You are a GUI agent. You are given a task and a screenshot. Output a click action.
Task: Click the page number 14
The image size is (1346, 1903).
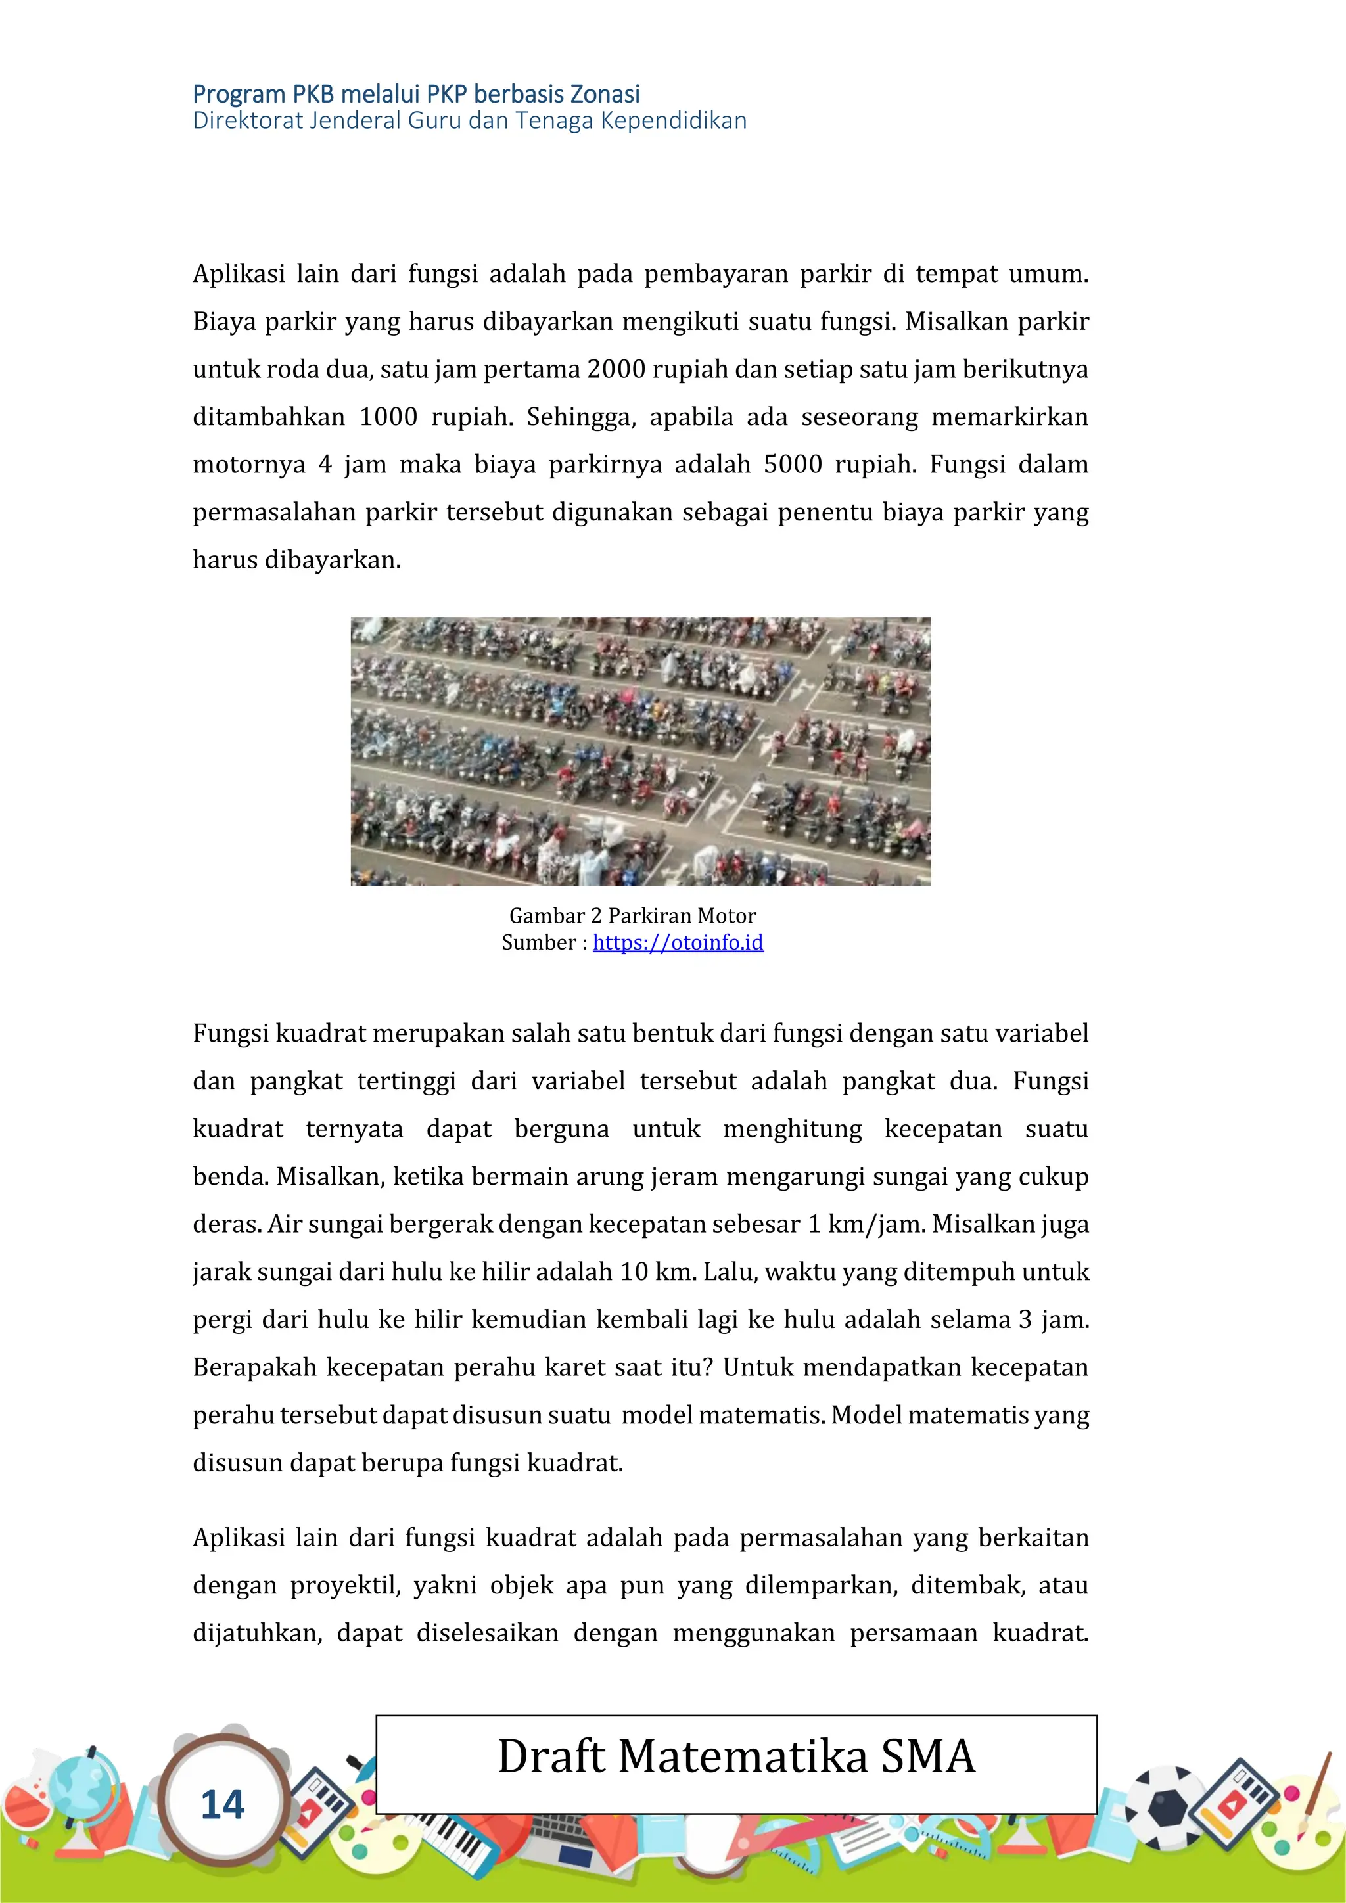(x=222, y=1805)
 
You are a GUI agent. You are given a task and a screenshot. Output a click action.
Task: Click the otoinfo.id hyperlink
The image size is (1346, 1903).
(x=678, y=942)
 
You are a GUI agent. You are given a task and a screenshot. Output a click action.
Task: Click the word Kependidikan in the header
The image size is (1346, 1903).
(x=673, y=121)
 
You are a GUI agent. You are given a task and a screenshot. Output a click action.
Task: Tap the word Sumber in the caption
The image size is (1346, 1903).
(x=539, y=942)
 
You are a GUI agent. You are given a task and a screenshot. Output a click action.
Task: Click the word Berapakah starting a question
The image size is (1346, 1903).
(x=254, y=1367)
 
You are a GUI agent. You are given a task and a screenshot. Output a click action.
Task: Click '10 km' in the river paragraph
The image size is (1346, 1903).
(x=658, y=1272)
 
